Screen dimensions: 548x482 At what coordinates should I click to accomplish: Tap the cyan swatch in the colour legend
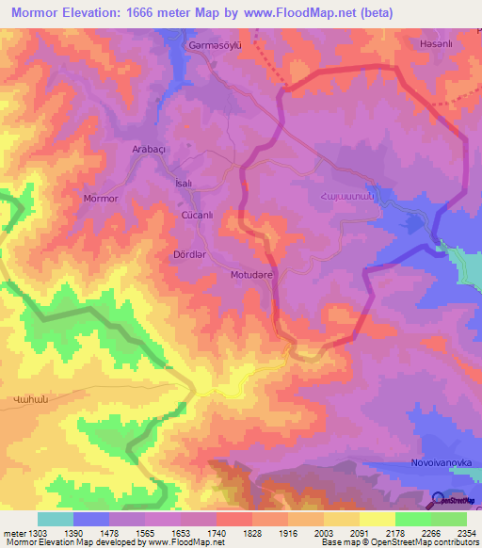tap(56, 519)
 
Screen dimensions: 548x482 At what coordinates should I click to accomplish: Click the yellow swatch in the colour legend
tap(378, 519)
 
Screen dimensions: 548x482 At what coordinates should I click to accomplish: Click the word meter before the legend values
tap(10, 532)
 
